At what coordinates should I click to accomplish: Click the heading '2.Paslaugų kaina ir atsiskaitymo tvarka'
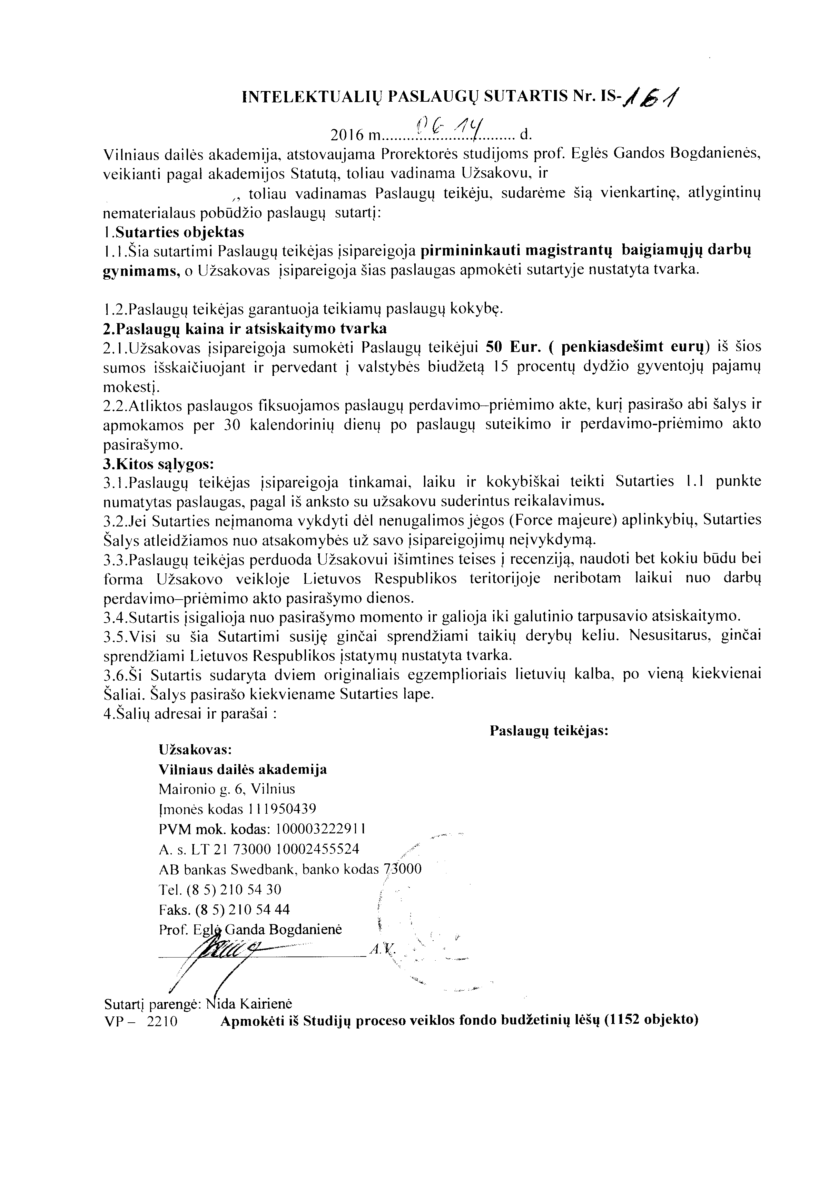[x=245, y=329]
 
